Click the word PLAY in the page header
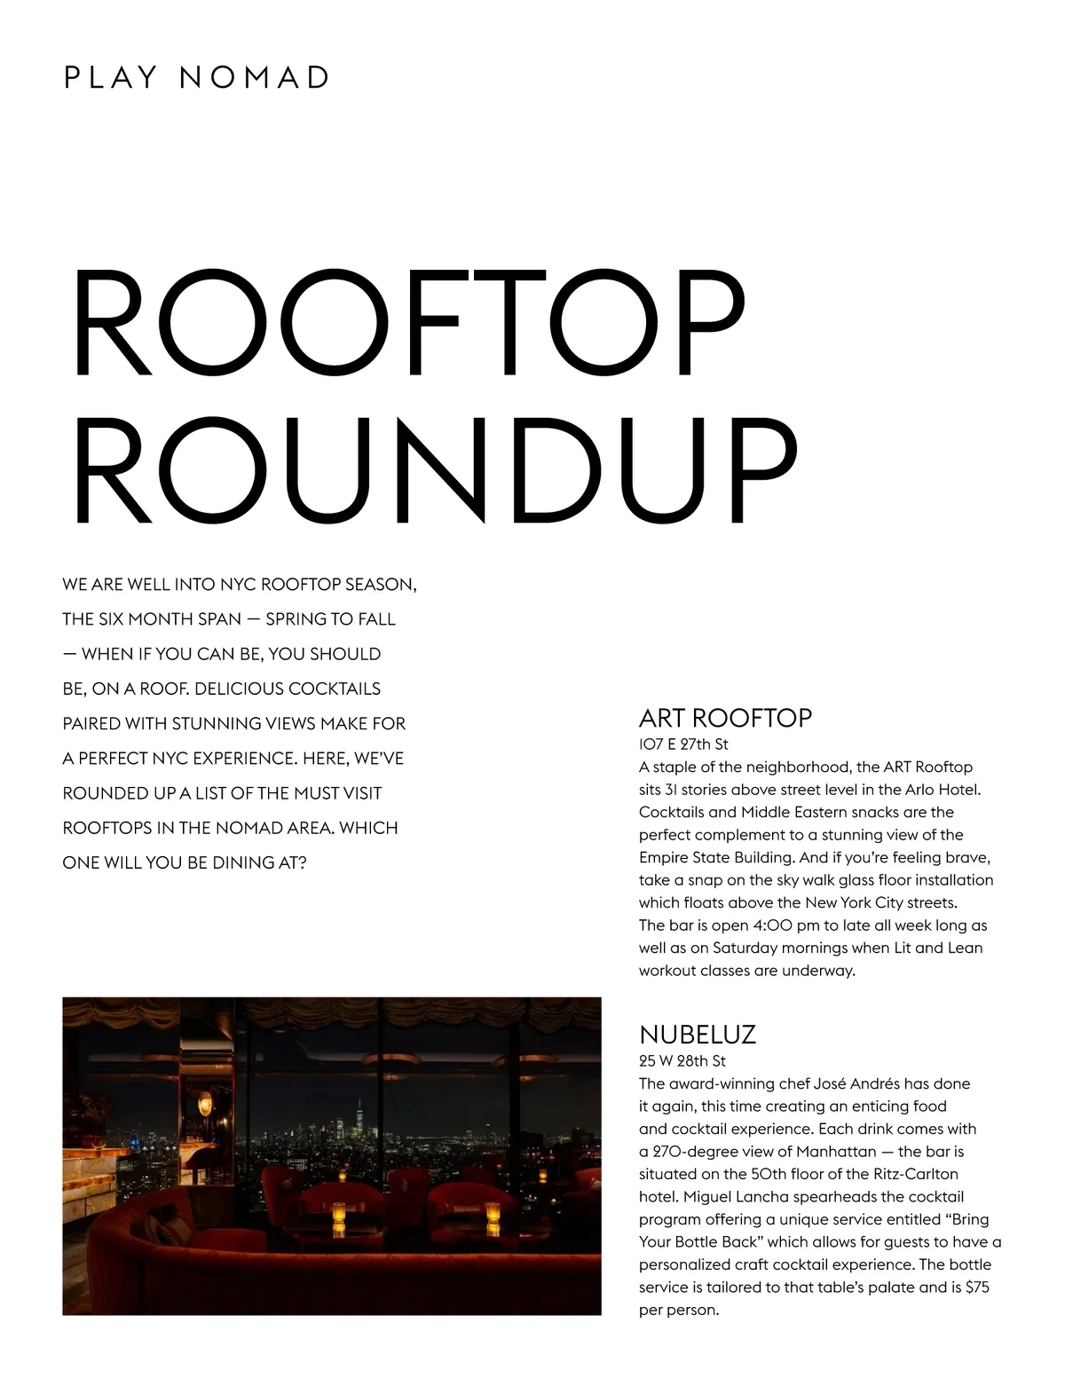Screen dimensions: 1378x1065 click(111, 77)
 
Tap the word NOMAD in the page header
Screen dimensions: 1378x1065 click(254, 77)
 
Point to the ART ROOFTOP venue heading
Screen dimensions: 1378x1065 click(725, 718)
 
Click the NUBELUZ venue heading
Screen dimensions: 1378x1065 click(698, 1035)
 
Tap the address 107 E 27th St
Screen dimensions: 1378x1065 click(683, 744)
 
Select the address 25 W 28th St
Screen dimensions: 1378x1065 click(682, 1061)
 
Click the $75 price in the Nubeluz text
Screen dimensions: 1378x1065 click(976, 1287)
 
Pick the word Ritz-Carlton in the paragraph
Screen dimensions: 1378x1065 click(911, 1174)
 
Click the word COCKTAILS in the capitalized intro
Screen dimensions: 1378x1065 click(334, 689)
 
